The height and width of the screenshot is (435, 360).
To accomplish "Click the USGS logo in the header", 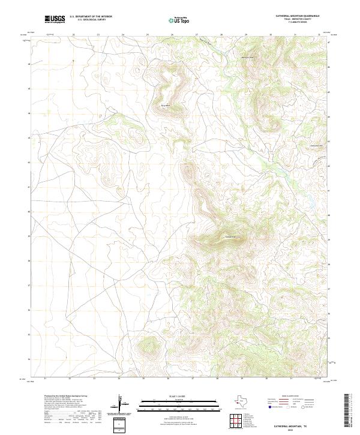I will click(55, 20).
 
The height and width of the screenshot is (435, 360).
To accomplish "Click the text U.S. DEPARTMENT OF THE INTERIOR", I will click(91, 17).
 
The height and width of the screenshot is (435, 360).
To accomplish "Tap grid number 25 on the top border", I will click(147, 35).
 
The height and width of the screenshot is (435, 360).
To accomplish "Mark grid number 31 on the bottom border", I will click(292, 379).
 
